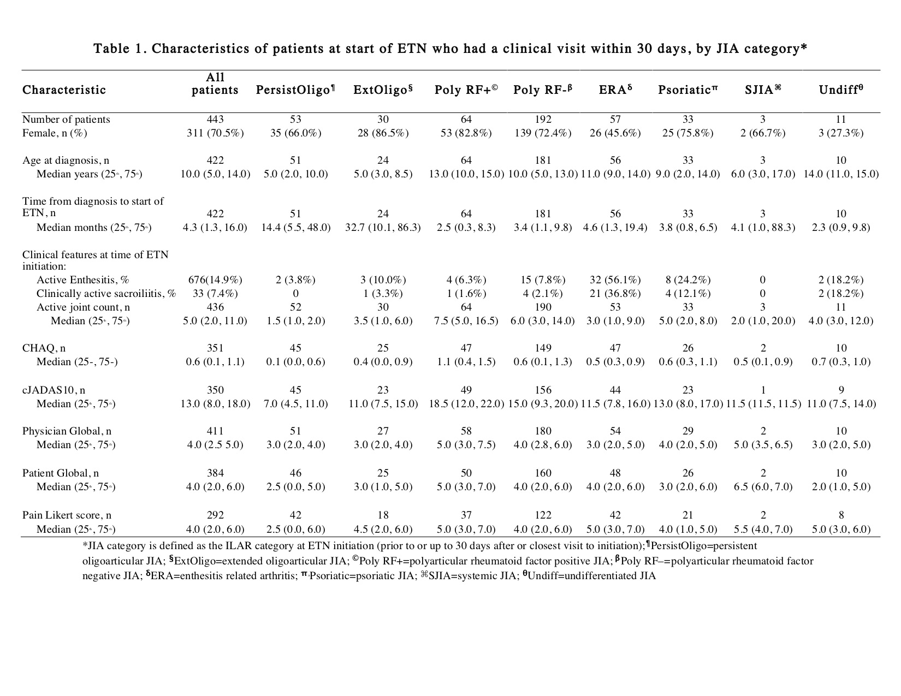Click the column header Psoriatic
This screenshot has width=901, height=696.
tap(687, 91)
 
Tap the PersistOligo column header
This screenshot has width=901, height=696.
tap(295, 91)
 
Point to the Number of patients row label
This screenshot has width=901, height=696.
tap(66, 120)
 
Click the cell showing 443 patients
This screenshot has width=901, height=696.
tap(215, 120)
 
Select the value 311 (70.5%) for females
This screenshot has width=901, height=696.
tap(215, 133)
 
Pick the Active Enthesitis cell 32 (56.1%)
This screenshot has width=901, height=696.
tap(615, 280)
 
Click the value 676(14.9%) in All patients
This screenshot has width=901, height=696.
tap(215, 280)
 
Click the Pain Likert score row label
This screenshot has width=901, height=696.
tap(67, 515)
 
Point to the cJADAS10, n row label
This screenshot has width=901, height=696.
tap(54, 390)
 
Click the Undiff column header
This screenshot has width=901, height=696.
tap(840, 91)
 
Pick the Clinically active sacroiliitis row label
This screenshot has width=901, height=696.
tap(106, 294)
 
